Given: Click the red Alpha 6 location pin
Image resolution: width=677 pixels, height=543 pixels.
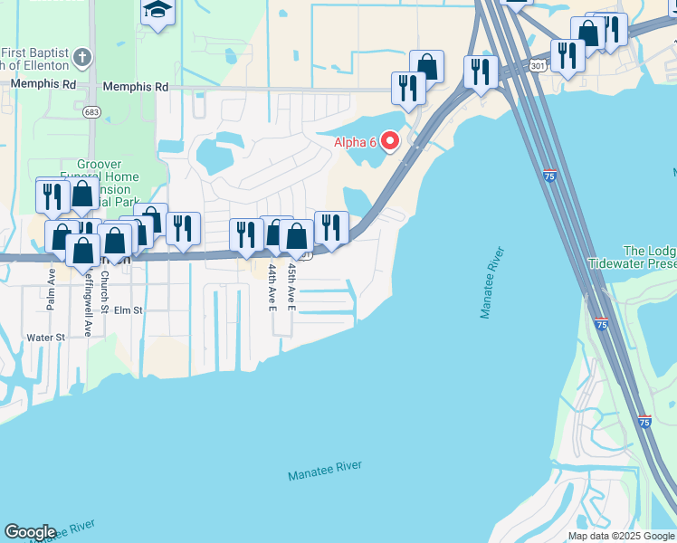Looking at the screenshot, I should (390, 141).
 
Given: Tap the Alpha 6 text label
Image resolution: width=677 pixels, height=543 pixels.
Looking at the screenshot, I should (355, 141).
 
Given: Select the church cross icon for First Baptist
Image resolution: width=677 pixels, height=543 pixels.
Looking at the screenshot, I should (83, 56).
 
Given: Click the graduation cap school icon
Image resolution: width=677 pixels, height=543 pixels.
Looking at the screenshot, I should (158, 11).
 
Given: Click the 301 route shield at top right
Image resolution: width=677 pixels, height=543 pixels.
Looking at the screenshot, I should (539, 66).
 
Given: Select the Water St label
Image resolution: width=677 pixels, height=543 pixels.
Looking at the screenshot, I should (46, 338).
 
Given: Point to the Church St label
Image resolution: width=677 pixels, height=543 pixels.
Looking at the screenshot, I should (105, 290).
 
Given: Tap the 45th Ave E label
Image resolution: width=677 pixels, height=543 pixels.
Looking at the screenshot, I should (291, 287).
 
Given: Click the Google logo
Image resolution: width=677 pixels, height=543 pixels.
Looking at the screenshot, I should (30, 532).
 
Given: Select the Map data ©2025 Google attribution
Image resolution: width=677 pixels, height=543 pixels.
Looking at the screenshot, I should (621, 536).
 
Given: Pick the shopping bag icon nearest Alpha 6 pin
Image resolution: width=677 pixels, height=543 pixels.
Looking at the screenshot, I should (426, 66).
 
